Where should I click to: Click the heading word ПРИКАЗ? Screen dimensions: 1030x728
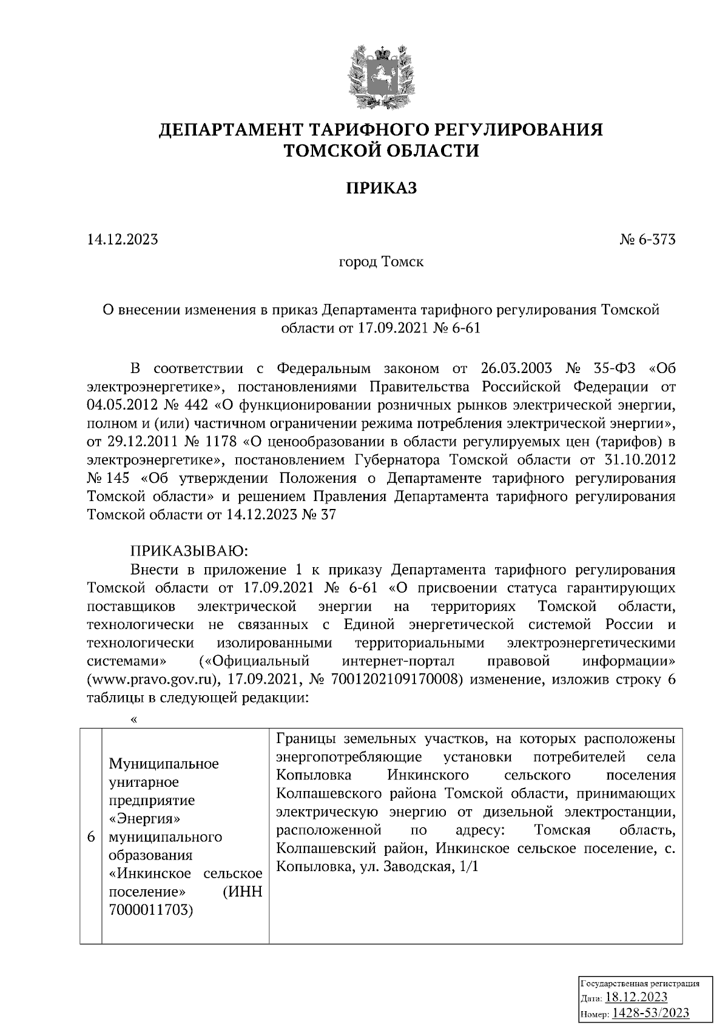pos(382,189)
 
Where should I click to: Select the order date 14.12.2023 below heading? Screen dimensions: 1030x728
pos(123,240)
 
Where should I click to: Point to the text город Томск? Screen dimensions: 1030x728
pos(381,262)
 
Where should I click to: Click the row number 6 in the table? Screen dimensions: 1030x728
pos(91,837)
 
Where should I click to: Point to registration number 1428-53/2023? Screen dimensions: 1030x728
pos(650,1013)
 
